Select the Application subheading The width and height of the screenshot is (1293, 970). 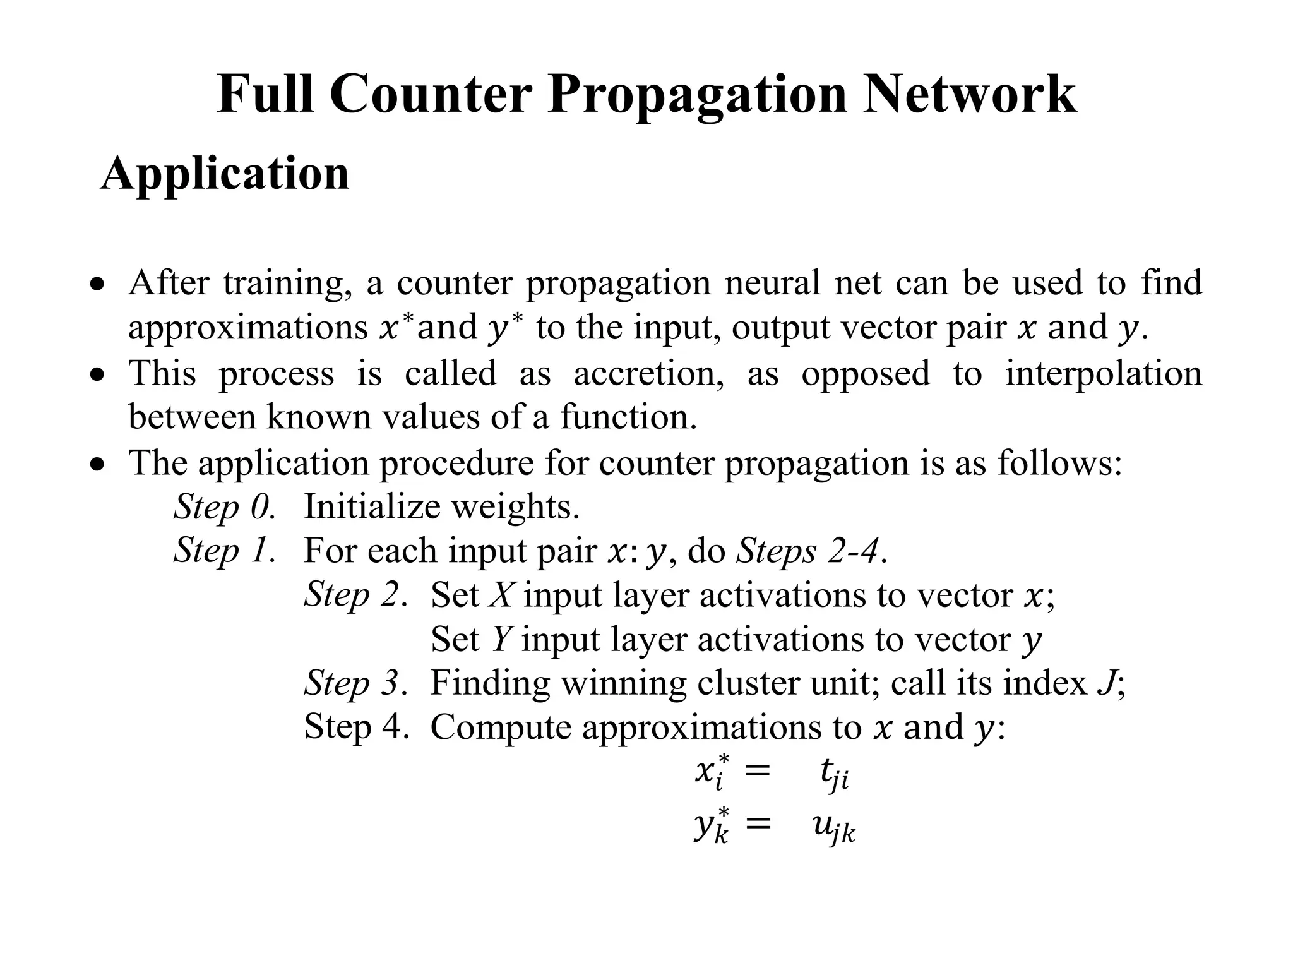pyautogui.click(x=225, y=174)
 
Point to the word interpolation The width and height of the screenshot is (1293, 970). pyautogui.click(x=1103, y=373)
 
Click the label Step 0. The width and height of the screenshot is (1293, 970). pyautogui.click(x=225, y=506)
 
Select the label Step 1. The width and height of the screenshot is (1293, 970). pyautogui.click(x=225, y=550)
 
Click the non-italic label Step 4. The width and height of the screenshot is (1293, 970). pyautogui.click(x=356, y=726)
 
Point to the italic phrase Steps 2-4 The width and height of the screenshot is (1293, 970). pyautogui.click(x=808, y=551)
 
